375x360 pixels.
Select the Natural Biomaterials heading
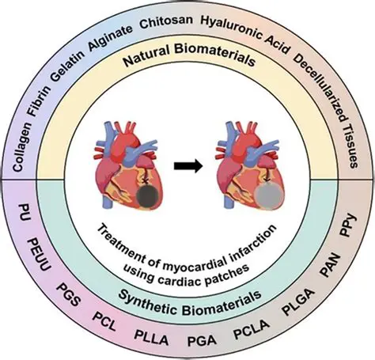coord(188,57)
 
